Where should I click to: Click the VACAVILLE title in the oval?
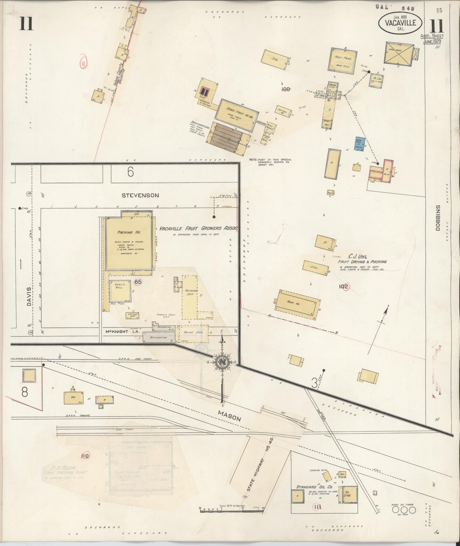click(400, 23)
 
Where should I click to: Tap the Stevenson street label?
click(140, 195)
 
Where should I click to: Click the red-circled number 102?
click(344, 287)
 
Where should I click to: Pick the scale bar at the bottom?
click(231, 512)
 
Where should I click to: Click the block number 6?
click(130, 172)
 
